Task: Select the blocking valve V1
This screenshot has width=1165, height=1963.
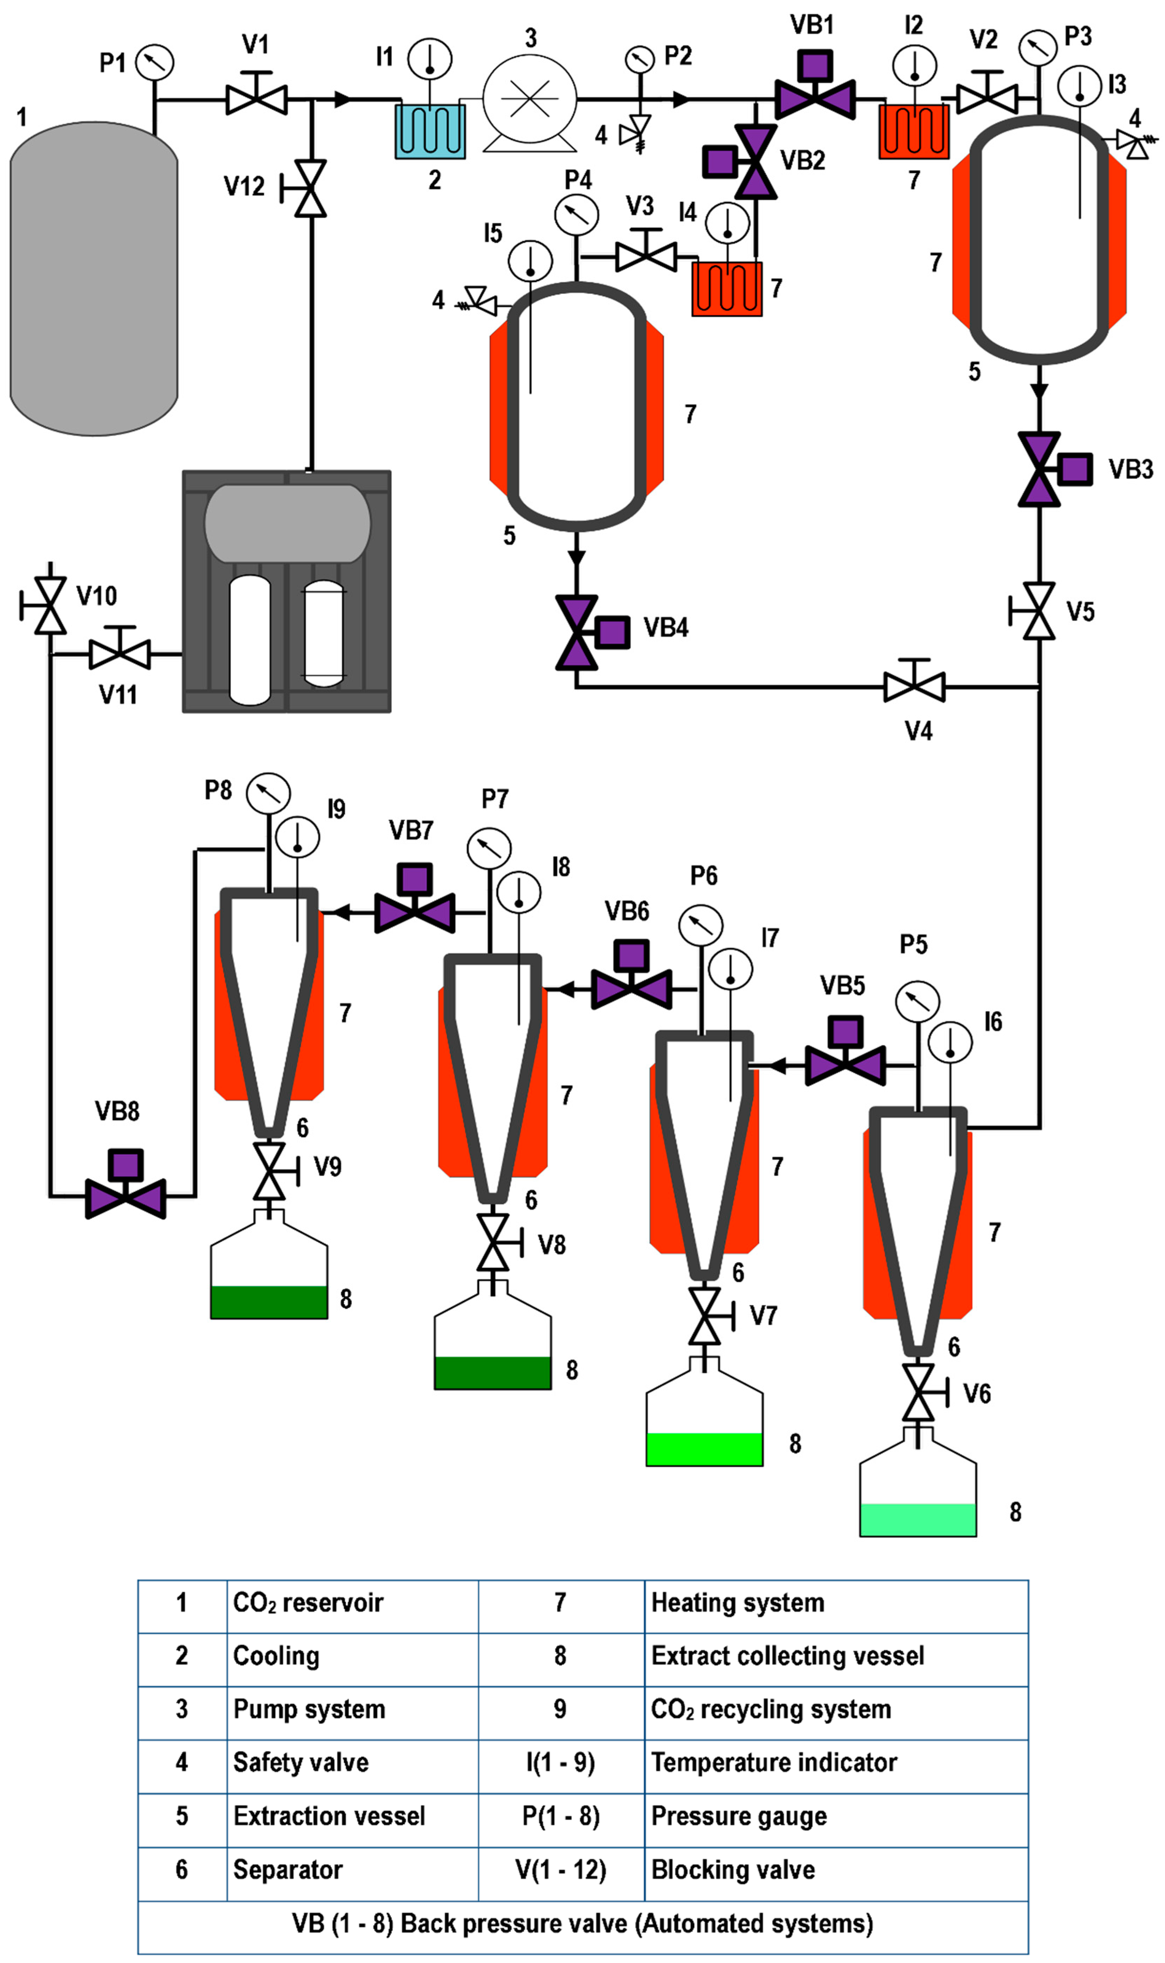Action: pyautogui.click(x=256, y=99)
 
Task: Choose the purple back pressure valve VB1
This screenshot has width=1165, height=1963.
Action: pyautogui.click(x=815, y=97)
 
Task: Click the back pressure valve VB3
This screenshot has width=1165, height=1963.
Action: pyautogui.click(x=1040, y=469)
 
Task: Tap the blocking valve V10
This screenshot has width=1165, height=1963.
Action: pyautogui.click(x=51, y=605)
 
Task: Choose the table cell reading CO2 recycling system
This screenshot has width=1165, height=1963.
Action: pyautogui.click(x=771, y=1709)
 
